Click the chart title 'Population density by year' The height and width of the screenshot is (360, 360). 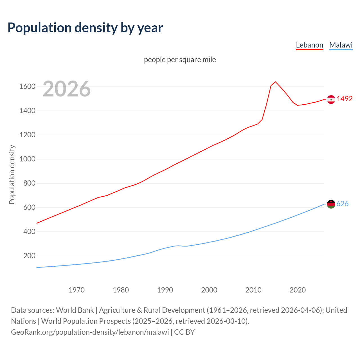(85, 28)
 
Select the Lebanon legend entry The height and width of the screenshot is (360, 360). (309, 45)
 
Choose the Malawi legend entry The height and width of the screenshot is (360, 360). (341, 45)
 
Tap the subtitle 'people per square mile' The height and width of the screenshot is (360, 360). (180, 60)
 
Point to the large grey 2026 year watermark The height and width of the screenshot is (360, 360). (67, 89)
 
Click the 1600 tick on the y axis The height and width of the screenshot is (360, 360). (27, 86)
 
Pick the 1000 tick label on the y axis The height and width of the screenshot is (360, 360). (27, 159)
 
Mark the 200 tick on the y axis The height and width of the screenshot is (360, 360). (29, 256)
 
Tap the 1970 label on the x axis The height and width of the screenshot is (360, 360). (76, 290)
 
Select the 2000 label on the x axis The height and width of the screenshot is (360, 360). (209, 290)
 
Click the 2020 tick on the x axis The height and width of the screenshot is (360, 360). (298, 290)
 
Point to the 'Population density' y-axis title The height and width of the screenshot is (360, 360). (12, 174)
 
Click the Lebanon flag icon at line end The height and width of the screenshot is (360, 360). (331, 99)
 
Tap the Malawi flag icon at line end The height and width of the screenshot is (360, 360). (331, 204)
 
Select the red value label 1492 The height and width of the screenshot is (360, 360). (345, 99)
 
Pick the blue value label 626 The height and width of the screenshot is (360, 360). (342, 204)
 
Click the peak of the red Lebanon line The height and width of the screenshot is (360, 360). (275, 82)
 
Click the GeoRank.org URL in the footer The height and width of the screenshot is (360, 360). (90, 332)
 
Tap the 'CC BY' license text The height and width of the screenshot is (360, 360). (184, 332)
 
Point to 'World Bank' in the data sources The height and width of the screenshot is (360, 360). (75, 310)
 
